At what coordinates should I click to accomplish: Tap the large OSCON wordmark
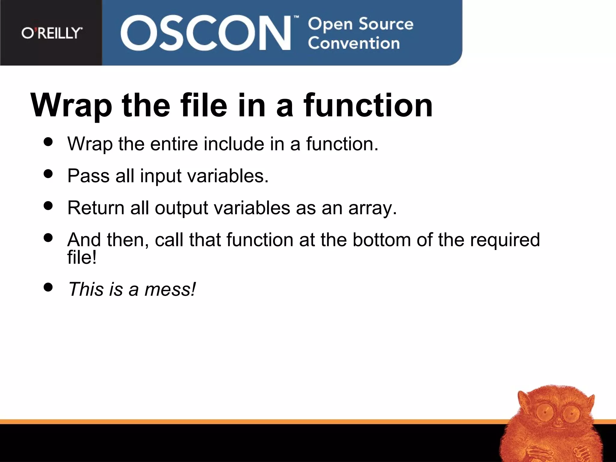(x=206, y=33)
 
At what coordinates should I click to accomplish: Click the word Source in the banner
(x=386, y=24)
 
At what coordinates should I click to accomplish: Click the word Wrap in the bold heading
(x=71, y=106)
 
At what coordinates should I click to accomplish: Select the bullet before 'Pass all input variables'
(x=48, y=174)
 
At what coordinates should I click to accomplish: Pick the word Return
(x=96, y=208)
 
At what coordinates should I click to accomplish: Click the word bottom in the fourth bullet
(x=382, y=240)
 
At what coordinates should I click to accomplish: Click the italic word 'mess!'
(x=170, y=289)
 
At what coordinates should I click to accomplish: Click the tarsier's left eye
(x=545, y=412)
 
